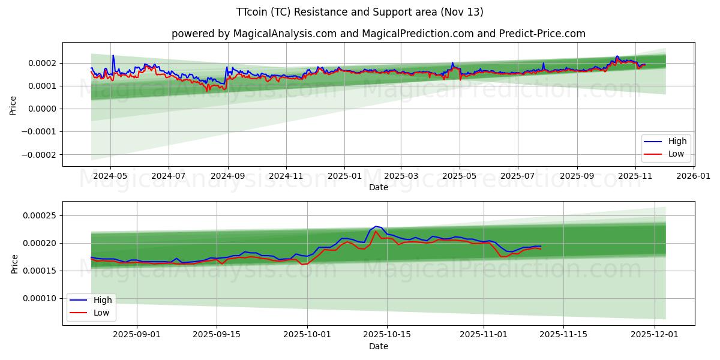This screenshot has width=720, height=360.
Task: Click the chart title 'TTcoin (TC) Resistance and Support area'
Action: pyautogui.click(x=359, y=12)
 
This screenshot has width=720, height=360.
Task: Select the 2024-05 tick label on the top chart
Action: pyautogui.click(x=110, y=176)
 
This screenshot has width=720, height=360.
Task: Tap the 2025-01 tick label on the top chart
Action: pyautogui.click(x=344, y=176)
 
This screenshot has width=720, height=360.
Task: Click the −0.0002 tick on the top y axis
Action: pyautogui.click(x=38, y=154)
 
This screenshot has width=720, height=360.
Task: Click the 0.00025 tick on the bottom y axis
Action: pyautogui.click(x=40, y=215)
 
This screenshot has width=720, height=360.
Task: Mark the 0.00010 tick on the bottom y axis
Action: pyautogui.click(x=40, y=298)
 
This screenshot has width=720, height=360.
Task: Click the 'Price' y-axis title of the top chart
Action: pyautogui.click(x=13, y=104)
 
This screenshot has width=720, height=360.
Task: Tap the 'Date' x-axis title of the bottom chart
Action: pyautogui.click(x=379, y=346)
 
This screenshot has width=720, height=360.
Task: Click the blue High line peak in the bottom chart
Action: pyautogui.click(x=376, y=226)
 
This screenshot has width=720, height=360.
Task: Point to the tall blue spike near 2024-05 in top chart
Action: pyautogui.click(x=113, y=56)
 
